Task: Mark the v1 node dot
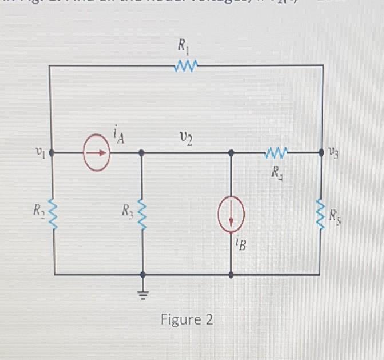[51, 153]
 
